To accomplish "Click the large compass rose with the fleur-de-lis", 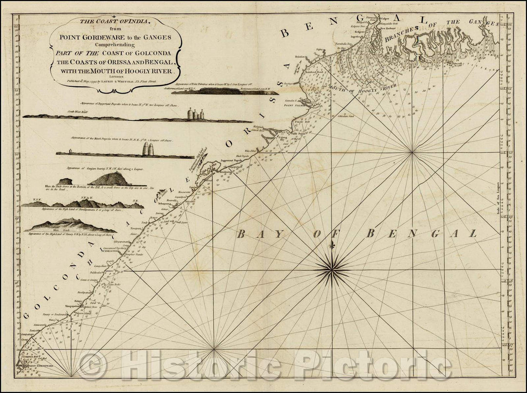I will click(334, 265).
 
